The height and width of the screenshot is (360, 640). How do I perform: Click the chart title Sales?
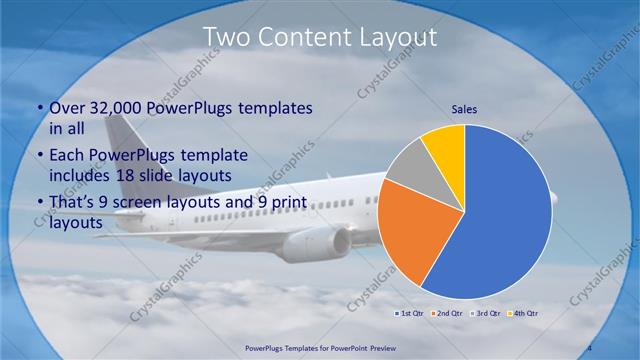pyautogui.click(x=465, y=108)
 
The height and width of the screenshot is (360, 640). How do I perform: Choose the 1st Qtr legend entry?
pyautogui.click(x=408, y=313)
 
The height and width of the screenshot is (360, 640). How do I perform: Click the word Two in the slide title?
pyautogui.click(x=225, y=37)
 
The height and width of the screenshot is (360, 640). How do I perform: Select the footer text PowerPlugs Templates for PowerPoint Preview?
pyautogui.click(x=319, y=348)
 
